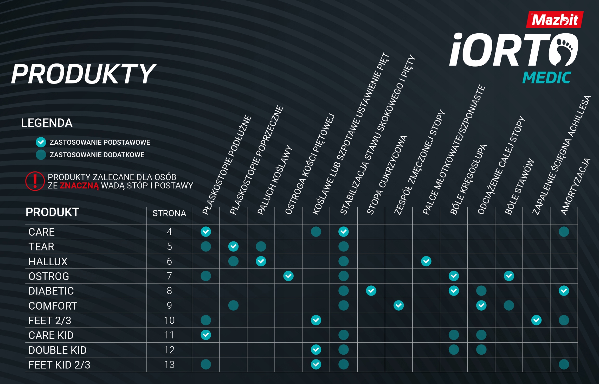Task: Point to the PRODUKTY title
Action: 83,74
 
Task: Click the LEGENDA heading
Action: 47,123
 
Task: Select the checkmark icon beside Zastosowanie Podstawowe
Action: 41,142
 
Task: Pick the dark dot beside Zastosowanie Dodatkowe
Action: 41,155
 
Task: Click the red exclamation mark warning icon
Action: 35,181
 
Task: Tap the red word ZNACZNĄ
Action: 79,186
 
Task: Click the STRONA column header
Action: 169,213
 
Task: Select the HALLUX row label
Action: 48,261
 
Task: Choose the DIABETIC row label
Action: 51,291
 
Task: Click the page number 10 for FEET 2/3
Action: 169,320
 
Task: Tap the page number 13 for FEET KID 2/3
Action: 169,365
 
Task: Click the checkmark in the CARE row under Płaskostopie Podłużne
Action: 206,232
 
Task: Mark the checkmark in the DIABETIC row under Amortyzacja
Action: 564,291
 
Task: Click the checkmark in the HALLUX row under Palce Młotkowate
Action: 426,261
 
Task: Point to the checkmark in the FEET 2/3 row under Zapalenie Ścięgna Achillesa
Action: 536,320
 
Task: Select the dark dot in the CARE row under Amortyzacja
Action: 564,232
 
